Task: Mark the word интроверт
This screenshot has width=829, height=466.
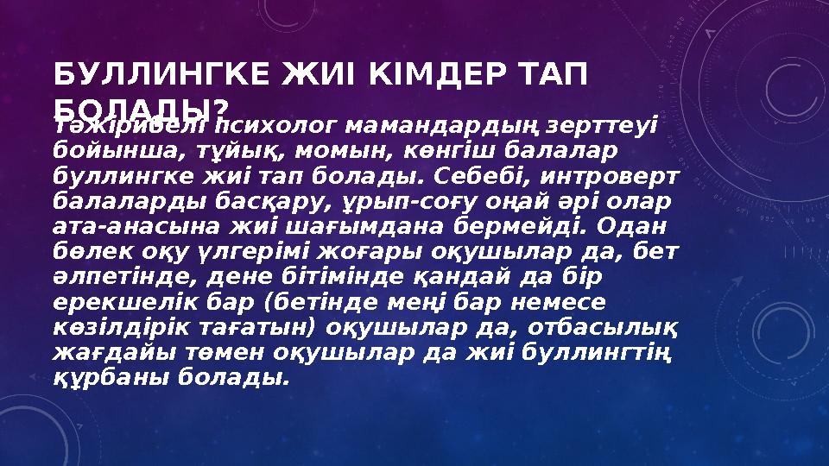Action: (601, 176)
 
